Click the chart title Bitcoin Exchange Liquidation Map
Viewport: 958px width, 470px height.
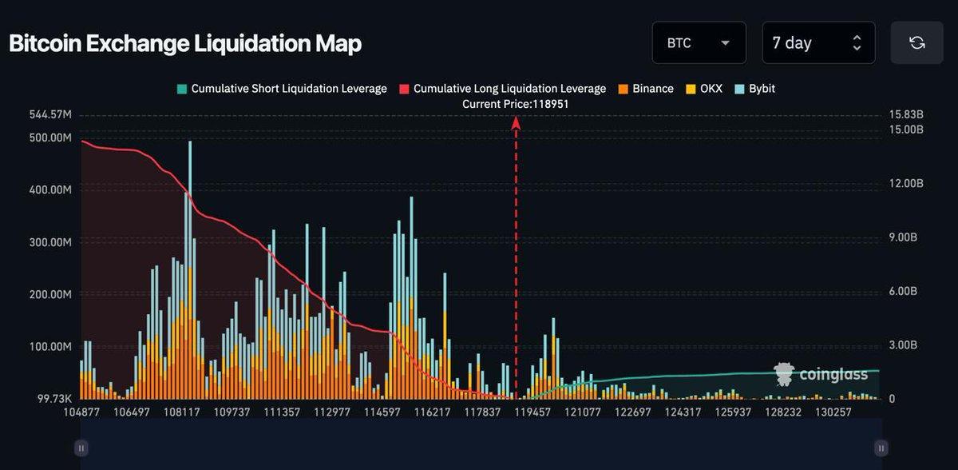pyautogui.click(x=185, y=43)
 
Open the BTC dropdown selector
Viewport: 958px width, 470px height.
pyautogui.click(x=699, y=43)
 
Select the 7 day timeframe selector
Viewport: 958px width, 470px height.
pyautogui.click(x=817, y=43)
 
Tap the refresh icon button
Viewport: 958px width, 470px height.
pyautogui.click(x=916, y=43)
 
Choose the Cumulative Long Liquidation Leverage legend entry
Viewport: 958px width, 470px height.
pyautogui.click(x=502, y=89)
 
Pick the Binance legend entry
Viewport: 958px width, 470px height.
pyautogui.click(x=646, y=89)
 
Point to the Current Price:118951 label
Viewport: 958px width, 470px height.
pyautogui.click(x=516, y=104)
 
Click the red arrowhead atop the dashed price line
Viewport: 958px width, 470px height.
pyautogui.click(x=516, y=122)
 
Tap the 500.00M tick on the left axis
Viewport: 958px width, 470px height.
pyautogui.click(x=50, y=137)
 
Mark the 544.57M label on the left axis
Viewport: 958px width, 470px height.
pyautogui.click(x=49, y=115)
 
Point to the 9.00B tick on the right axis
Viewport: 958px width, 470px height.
pyautogui.click(x=905, y=237)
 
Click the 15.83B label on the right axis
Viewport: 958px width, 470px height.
pyautogui.click(x=905, y=115)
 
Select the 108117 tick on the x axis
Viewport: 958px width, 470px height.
pyautogui.click(x=182, y=412)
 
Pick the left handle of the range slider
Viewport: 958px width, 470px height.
pyautogui.click(x=80, y=448)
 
